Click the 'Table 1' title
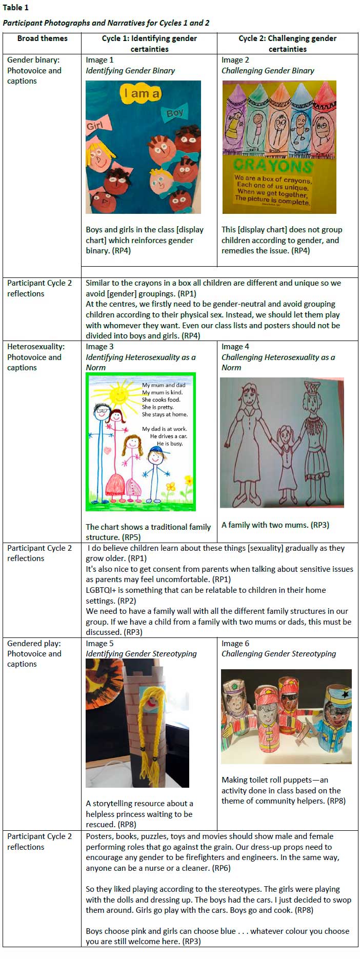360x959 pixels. pos(16,8)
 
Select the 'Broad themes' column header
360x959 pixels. pos(42,38)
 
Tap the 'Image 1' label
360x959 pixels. pos(99,60)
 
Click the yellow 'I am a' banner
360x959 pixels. pos(141,93)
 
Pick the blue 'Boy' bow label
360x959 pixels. pos(174,113)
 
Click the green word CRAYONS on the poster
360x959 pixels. pos(273,165)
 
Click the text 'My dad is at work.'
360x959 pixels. pos(164,429)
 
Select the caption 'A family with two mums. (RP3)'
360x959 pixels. pos(275,525)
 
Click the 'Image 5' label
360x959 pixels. pos(99,644)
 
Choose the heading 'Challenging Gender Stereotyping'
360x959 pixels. pos(278,654)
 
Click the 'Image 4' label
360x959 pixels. pos(235,347)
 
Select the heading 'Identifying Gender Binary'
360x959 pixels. pos(130,71)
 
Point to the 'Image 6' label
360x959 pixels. pos(235,644)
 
